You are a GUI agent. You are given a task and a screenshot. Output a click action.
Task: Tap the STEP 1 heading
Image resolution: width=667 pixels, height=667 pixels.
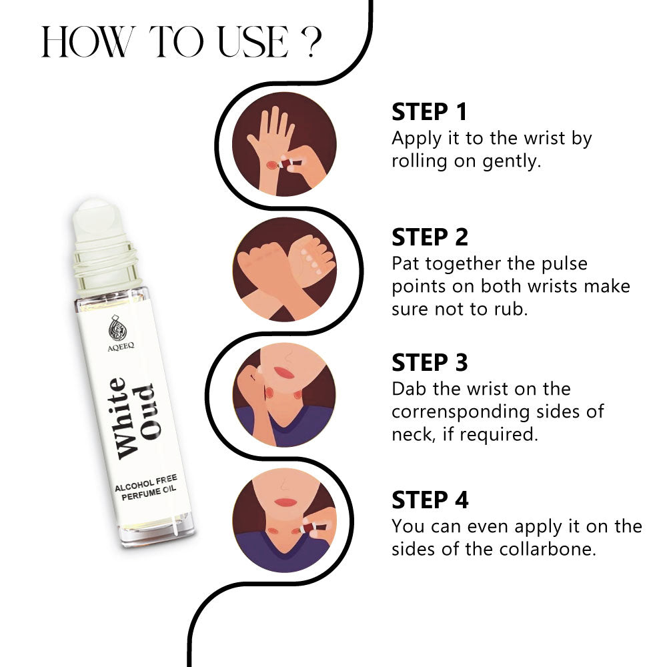click(430, 111)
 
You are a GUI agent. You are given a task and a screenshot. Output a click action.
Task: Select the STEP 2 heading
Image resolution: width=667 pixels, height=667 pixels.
click(430, 237)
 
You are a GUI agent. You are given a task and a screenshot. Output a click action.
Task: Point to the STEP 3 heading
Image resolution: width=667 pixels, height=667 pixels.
click(430, 362)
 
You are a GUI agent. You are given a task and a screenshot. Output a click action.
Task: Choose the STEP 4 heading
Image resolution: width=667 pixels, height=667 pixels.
click(430, 500)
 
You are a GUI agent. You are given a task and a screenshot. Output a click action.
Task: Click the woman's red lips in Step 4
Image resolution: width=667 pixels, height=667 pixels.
click(287, 502)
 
